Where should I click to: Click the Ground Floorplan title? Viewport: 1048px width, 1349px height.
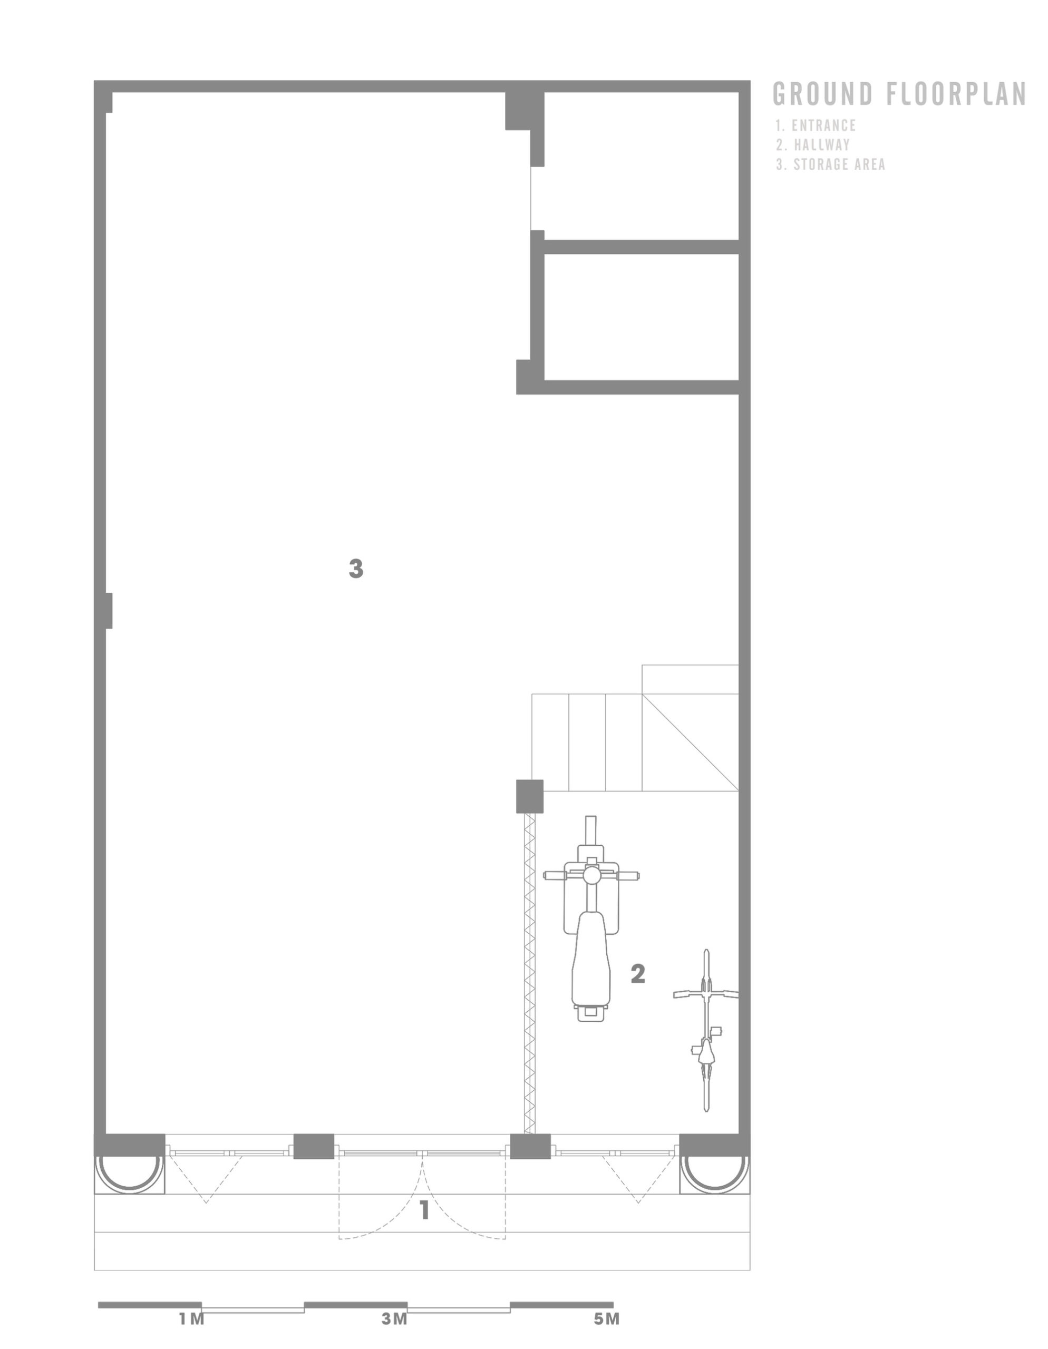click(x=899, y=94)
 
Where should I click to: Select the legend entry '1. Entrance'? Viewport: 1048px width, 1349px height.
click(x=816, y=125)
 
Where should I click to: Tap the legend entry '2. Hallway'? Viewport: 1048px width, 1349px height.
click(x=813, y=145)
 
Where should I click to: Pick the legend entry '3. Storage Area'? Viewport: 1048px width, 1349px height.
click(x=830, y=164)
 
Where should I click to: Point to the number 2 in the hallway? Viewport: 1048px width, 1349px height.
click(x=638, y=974)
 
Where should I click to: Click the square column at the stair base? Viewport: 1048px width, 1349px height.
click(x=530, y=796)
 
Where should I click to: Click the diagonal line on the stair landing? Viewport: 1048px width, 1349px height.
click(x=690, y=742)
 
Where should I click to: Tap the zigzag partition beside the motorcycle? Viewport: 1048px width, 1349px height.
click(x=530, y=973)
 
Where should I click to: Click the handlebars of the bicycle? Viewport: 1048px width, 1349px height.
click(x=706, y=994)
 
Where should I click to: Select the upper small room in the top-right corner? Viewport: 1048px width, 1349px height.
click(x=642, y=165)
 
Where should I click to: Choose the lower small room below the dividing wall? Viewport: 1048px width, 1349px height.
click(x=642, y=317)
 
